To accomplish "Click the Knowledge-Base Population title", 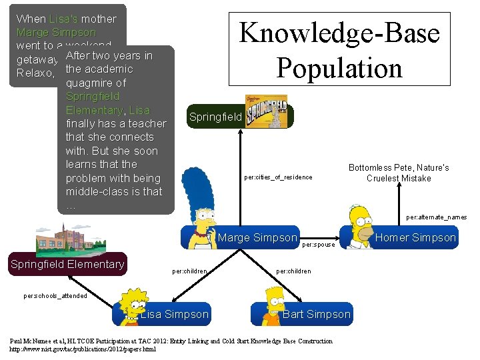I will pyautogui.click(x=339, y=50).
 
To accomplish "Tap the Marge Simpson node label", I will pyautogui.click(x=257, y=238).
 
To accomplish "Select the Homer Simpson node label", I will pyautogui.click(x=415, y=238).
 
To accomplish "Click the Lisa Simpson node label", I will pyautogui.click(x=175, y=314).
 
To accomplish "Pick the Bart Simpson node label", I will pyautogui.click(x=316, y=314).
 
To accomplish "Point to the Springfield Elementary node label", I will pyautogui.click(x=67, y=265).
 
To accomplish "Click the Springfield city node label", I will pyautogui.click(x=215, y=117).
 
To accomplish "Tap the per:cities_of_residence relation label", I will pyautogui.click(x=278, y=177).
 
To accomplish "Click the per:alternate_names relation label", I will pyautogui.click(x=436, y=217).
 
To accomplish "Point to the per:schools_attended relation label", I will pyautogui.click(x=55, y=296).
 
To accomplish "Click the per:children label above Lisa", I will pyautogui.click(x=189, y=271).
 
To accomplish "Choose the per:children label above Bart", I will pyautogui.click(x=293, y=271).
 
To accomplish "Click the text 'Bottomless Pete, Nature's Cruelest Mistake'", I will pyautogui.click(x=399, y=173).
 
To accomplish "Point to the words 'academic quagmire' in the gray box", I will pyautogui.click(x=99, y=76).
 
